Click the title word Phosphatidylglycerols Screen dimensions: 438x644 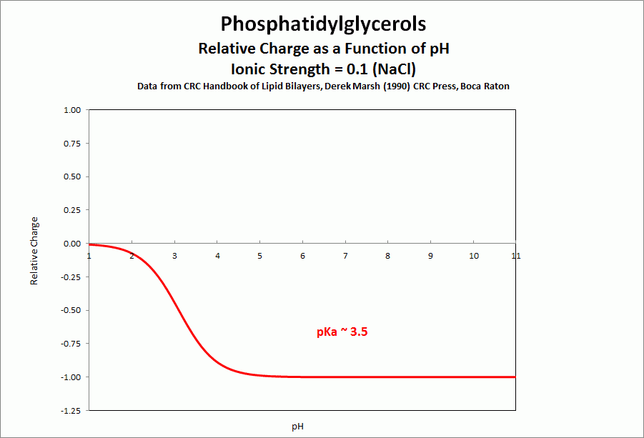[x=323, y=24]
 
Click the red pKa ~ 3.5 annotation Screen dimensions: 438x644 [x=342, y=332]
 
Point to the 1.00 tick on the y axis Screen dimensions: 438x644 [x=72, y=110]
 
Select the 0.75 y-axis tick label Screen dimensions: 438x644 [x=72, y=144]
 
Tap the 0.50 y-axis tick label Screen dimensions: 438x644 [x=72, y=176]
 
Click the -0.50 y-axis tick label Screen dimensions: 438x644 [x=71, y=310]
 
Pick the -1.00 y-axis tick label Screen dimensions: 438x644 [x=71, y=377]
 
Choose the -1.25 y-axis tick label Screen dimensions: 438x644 [x=71, y=410]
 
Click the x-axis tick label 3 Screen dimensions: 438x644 [x=174, y=256]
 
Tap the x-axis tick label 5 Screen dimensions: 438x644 [x=260, y=256]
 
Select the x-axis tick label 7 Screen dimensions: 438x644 [x=345, y=256]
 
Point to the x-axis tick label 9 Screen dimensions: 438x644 [x=430, y=256]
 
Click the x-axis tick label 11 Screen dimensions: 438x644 [x=515, y=256]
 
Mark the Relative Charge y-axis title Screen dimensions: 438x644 [x=34, y=251]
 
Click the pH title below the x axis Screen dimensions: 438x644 [x=298, y=427]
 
